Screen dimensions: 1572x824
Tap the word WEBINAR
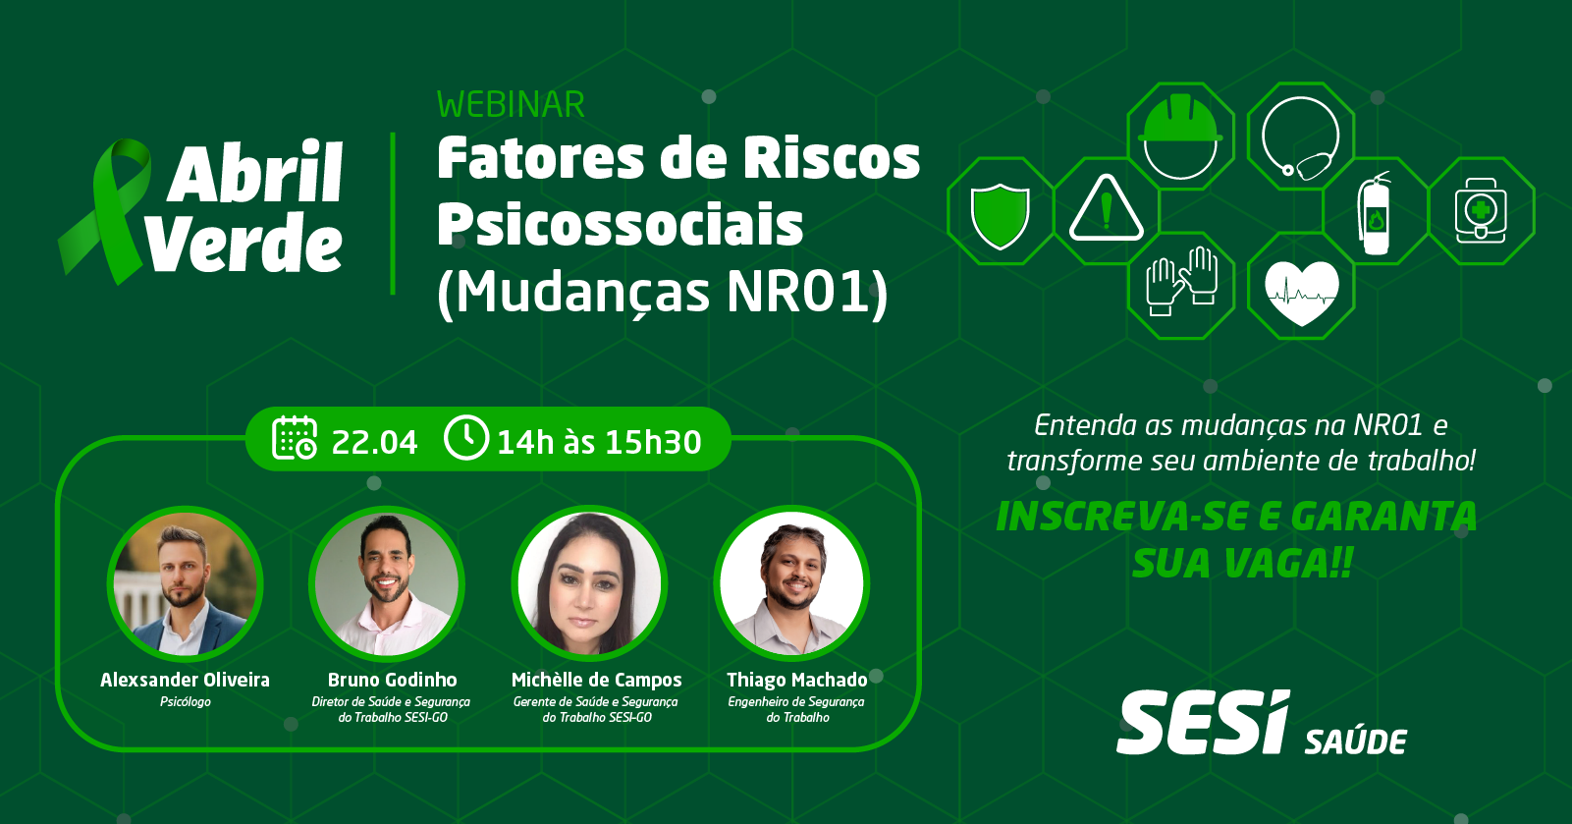511,104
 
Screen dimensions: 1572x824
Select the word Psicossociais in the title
621,224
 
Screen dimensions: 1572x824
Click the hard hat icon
1180,137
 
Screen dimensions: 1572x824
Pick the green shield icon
1000,216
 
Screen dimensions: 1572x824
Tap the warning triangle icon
1106,208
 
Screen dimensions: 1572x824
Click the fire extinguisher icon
1374,213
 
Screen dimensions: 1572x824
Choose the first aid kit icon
1481,210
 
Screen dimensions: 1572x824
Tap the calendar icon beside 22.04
295,438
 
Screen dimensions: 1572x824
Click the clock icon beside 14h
466,437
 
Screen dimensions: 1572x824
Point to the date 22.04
374,442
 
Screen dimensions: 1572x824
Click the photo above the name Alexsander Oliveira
186,584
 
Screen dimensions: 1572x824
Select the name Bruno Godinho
393,680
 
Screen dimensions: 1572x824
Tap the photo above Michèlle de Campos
589,584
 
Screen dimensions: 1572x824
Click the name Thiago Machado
797,680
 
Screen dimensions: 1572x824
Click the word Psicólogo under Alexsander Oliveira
186,701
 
